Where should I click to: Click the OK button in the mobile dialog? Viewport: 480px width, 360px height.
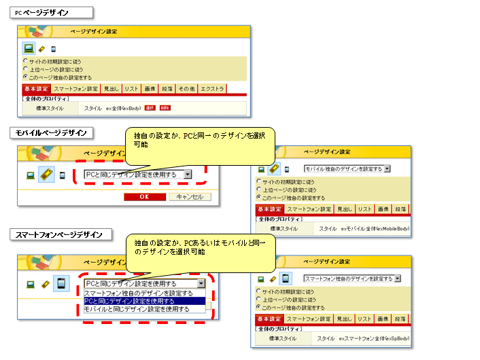[143, 196]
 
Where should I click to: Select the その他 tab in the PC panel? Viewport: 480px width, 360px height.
[186, 89]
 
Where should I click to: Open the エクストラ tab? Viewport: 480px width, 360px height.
[212, 89]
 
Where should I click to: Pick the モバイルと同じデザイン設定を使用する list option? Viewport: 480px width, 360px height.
[137, 309]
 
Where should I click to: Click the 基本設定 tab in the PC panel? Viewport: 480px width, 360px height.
[36, 89]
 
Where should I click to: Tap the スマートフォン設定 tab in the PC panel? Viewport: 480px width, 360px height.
[76, 89]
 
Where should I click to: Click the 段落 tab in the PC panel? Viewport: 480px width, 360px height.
[167, 89]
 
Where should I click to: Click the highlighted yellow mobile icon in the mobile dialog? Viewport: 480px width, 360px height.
[46, 175]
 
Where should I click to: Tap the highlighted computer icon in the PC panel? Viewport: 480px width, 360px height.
[29, 48]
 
